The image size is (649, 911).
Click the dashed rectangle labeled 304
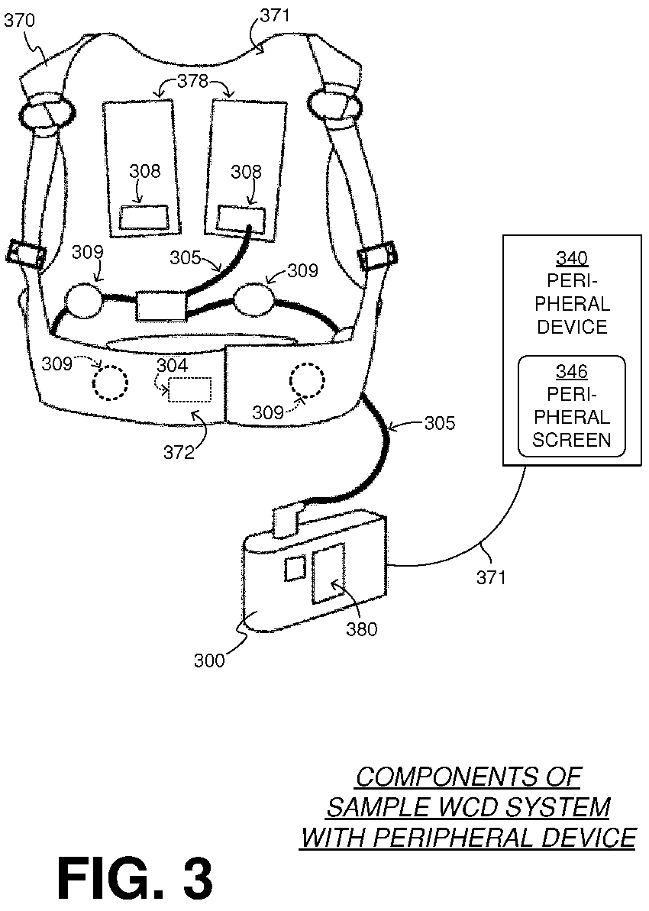(x=189, y=389)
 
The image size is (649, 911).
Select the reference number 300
(x=209, y=659)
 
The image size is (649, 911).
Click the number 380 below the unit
(x=360, y=628)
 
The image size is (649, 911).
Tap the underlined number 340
(x=572, y=259)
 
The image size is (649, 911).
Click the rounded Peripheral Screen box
(x=571, y=405)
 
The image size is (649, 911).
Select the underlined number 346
(x=571, y=372)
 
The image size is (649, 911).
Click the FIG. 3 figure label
(x=135, y=878)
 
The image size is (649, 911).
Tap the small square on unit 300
(x=294, y=568)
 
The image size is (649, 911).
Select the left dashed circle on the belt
(x=111, y=382)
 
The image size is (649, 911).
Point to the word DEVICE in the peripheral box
(x=572, y=327)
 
